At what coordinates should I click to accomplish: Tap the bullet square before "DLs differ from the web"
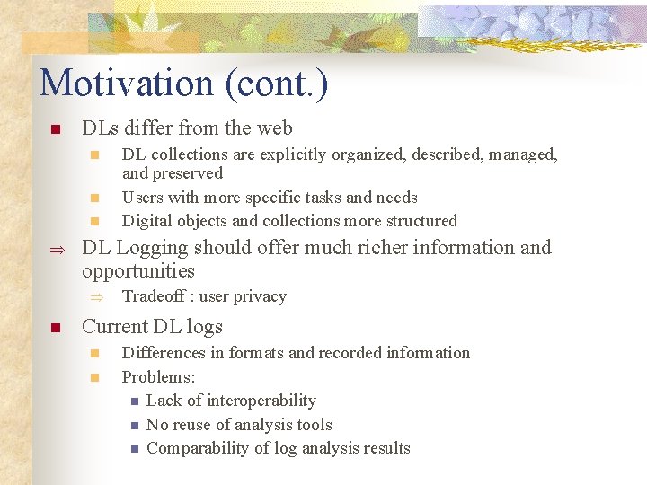[55, 130]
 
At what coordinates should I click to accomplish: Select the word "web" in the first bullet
[275, 129]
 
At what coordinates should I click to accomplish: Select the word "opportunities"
[137, 271]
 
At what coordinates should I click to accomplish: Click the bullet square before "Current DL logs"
[55, 329]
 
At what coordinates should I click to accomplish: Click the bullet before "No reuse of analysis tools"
[134, 426]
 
